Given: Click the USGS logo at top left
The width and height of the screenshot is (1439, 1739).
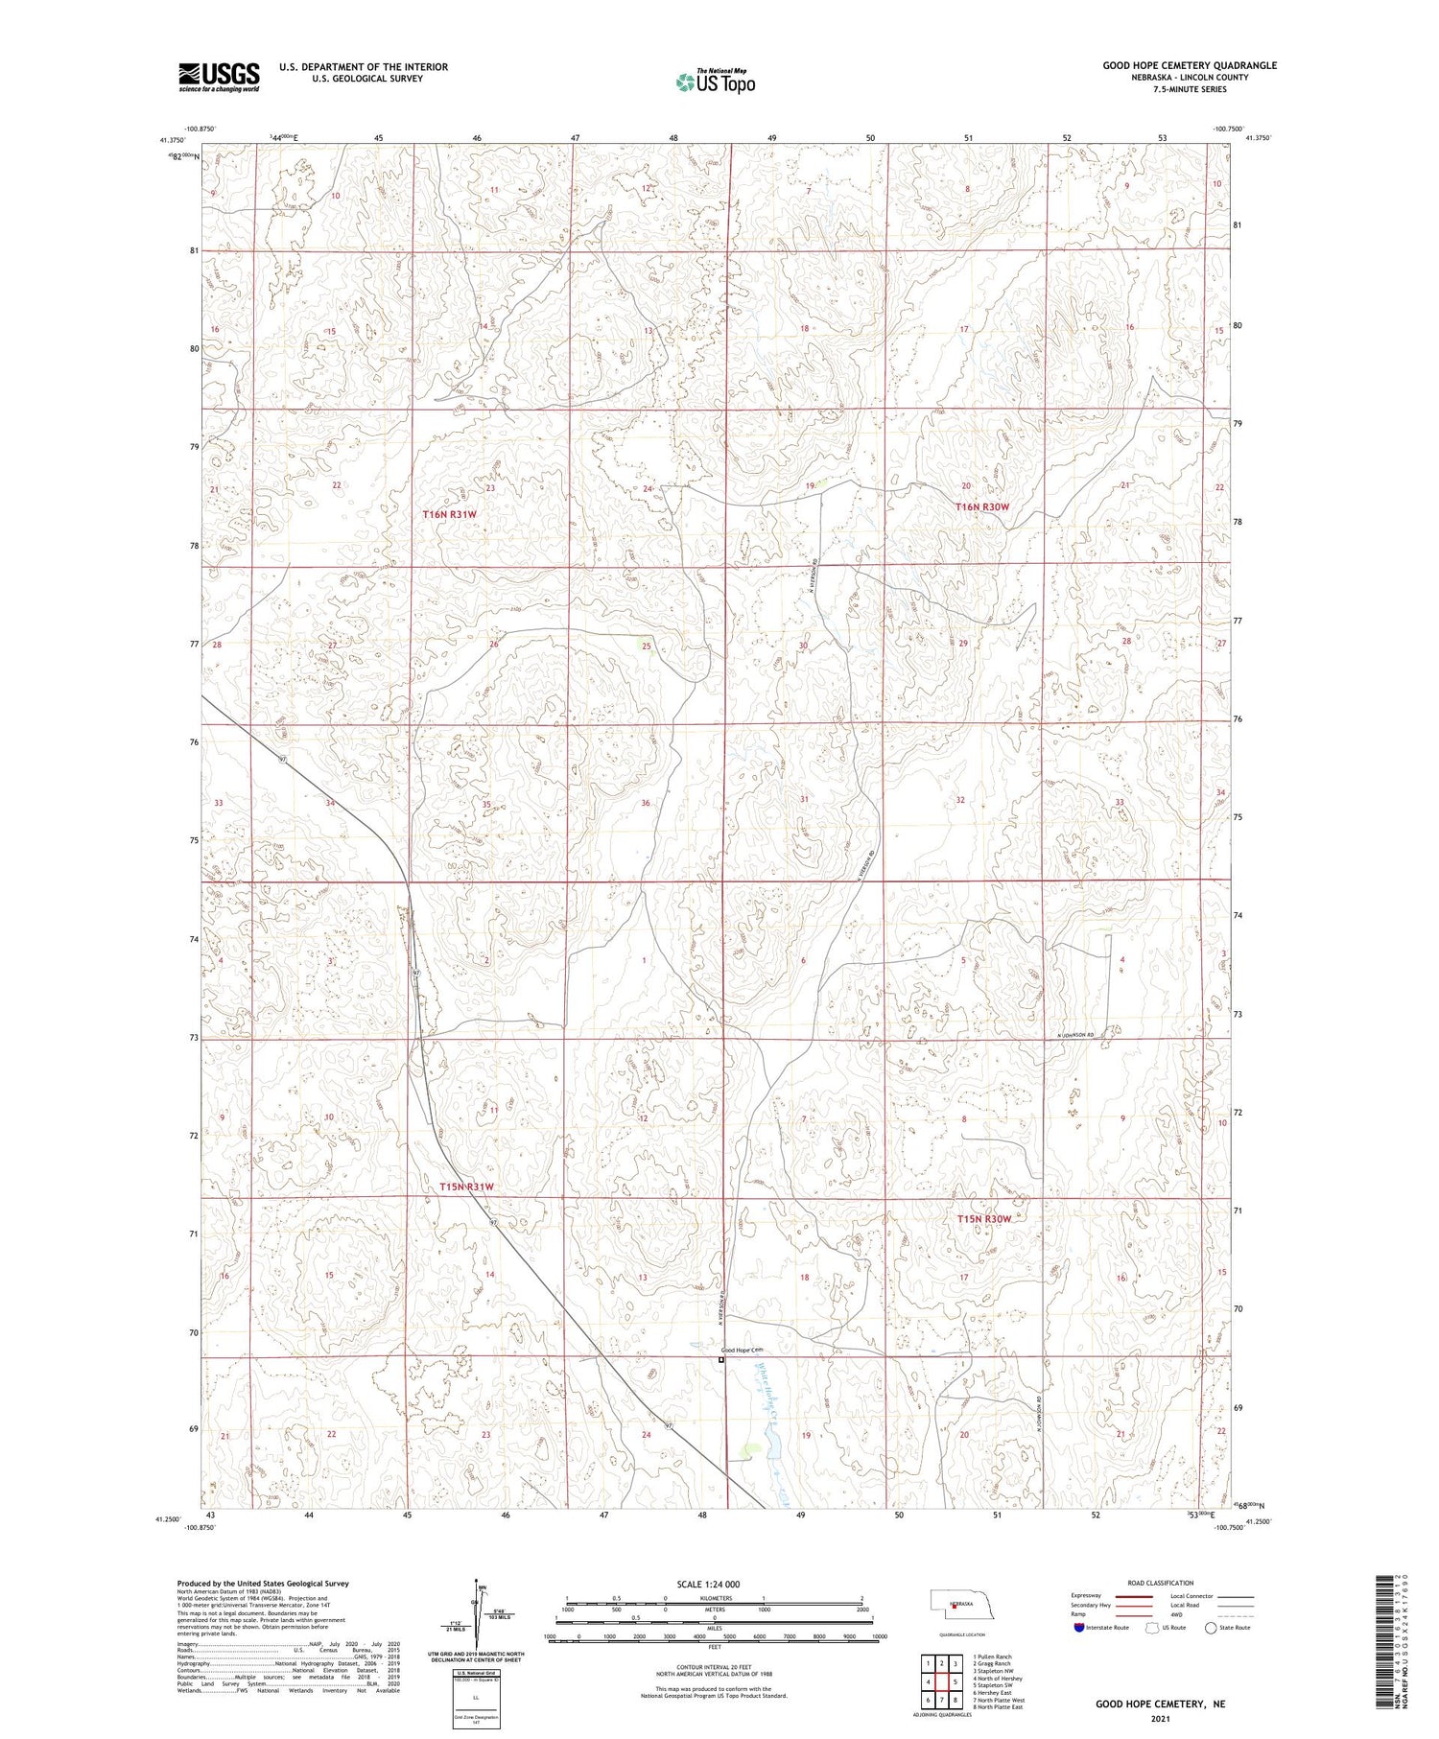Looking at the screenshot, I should pyautogui.click(x=219, y=77).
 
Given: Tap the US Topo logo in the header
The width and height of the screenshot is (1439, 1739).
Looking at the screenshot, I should pyautogui.click(x=715, y=82).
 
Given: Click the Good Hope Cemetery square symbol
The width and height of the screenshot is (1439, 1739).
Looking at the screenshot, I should pyautogui.click(x=722, y=1359).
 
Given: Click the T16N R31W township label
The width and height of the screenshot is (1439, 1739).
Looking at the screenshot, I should pyautogui.click(x=450, y=515).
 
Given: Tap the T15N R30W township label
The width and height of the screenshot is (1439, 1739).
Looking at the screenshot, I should pyautogui.click(x=983, y=1219).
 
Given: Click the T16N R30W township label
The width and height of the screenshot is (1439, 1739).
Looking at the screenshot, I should pyautogui.click(x=982, y=506).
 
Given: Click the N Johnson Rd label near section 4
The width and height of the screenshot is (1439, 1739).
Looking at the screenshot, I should pyautogui.click(x=1075, y=1036).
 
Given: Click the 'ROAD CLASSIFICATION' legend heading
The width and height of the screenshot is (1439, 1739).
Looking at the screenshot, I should pyautogui.click(x=1161, y=1583).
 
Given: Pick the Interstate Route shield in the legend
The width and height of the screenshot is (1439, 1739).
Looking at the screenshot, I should pyautogui.click(x=1079, y=1627).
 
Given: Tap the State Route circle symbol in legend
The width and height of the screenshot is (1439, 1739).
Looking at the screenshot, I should pyautogui.click(x=1211, y=1627).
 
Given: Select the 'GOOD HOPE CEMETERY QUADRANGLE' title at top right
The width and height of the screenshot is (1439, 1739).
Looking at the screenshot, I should pyautogui.click(x=1190, y=65).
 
